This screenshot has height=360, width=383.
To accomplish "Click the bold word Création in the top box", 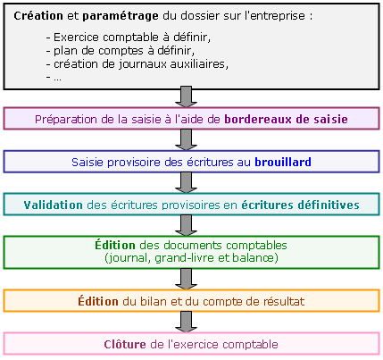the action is tap(38, 15).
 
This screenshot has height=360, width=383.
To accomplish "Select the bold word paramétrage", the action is tap(121, 16).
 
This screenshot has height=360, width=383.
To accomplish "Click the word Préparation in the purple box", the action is tap(66, 120).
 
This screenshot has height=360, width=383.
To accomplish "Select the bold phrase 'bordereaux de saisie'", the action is tap(286, 119).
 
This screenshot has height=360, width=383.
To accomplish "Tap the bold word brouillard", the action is tap(283, 162).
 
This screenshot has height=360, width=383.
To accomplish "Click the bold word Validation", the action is tap(54, 205).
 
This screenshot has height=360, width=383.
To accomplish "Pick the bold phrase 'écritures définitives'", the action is tap(300, 205).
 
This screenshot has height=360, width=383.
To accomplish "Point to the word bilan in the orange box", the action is tap(154, 301).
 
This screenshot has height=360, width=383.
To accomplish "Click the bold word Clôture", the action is tap(125, 345).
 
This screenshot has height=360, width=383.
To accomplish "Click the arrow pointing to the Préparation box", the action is tap(187, 96).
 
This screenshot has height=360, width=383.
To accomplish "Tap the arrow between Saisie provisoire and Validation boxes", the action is tap(187, 182).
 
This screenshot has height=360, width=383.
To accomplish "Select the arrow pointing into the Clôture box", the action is tap(187, 322).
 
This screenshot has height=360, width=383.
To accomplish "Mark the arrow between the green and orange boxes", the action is tap(187, 279).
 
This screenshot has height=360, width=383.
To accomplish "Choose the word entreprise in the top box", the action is tap(274, 16).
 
